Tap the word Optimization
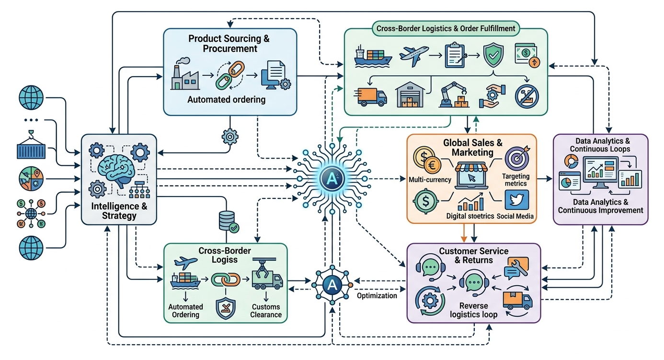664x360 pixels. [x=377, y=296]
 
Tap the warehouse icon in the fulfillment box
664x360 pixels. [x=410, y=94]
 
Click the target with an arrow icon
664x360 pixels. [x=517, y=158]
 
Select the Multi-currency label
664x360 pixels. [x=430, y=180]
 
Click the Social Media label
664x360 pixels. [x=515, y=216]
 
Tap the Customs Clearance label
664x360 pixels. [x=266, y=311]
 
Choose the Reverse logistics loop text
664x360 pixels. [x=474, y=310]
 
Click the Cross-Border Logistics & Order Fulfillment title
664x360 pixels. [x=446, y=28]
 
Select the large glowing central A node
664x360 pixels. [x=332, y=179]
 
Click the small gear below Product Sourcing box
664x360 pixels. [x=230, y=137]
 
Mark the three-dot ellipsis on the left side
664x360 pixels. [x=31, y=120]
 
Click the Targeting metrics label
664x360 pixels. [x=516, y=180]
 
